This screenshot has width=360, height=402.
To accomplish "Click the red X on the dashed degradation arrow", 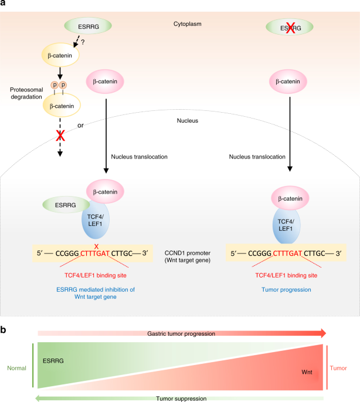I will coord(59,137).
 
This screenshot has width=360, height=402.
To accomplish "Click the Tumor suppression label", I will coord(181,397).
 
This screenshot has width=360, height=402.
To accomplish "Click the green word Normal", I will coord(16,369).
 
